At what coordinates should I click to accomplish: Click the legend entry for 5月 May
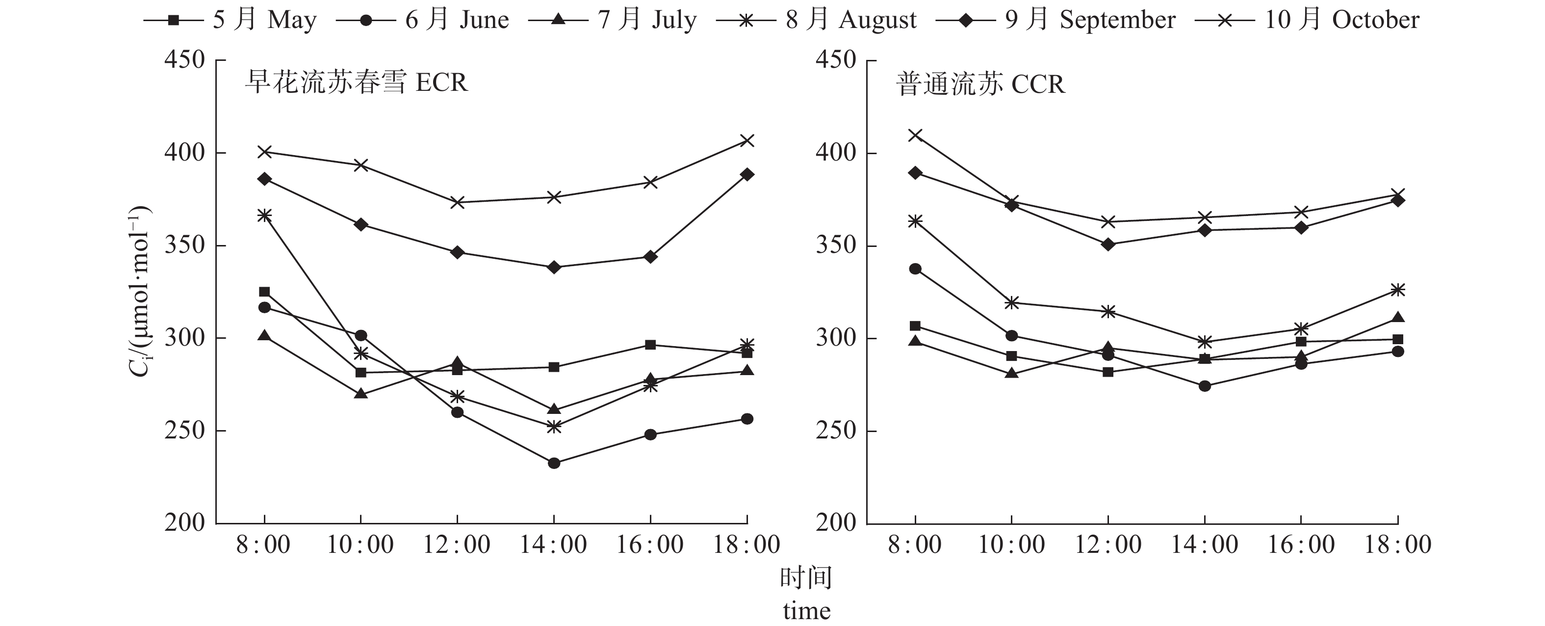[x=231, y=20]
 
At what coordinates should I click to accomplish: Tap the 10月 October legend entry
[x=1308, y=20]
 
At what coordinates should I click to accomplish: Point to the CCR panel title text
[x=980, y=84]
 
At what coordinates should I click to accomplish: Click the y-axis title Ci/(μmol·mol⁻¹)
[x=139, y=292]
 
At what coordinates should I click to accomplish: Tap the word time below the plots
[x=807, y=611]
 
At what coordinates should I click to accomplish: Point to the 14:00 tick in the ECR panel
[x=553, y=545]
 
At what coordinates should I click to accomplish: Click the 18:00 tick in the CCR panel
[x=1397, y=545]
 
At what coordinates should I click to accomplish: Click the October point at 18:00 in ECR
[x=747, y=141]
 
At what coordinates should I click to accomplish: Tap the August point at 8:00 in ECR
[x=264, y=216]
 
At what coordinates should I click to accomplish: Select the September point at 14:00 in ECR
[x=554, y=267]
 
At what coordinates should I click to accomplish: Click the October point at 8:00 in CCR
[x=915, y=135]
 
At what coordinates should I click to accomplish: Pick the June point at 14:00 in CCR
[x=1204, y=386]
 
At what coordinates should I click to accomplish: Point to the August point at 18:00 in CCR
[x=1397, y=290]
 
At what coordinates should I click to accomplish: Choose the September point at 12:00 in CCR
[x=1108, y=245]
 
